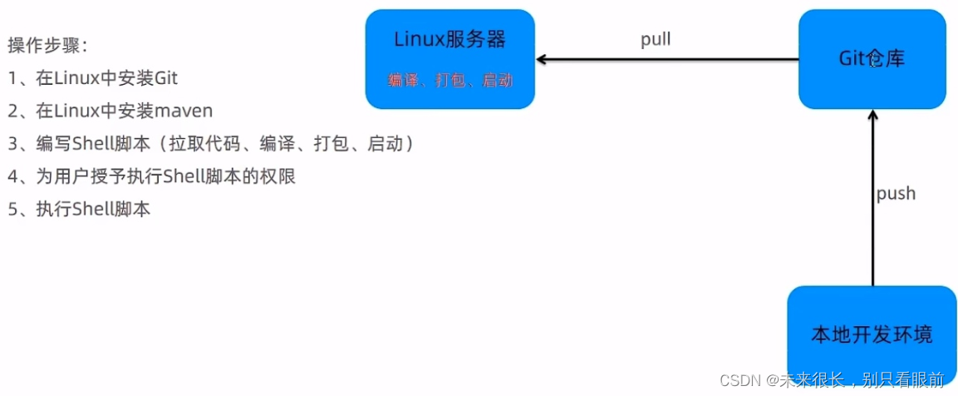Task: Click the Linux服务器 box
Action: coord(450,59)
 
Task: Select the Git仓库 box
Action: coord(872,59)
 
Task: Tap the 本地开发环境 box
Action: coord(872,334)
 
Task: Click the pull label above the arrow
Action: coord(656,39)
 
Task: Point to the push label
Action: coord(896,193)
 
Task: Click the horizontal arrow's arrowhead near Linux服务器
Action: coord(542,60)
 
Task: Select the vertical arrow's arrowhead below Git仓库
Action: coord(872,116)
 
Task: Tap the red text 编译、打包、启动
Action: coord(450,81)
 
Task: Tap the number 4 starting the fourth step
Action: coord(12,176)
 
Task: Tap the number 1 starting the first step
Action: coord(12,78)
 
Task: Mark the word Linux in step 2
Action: coord(73,111)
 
